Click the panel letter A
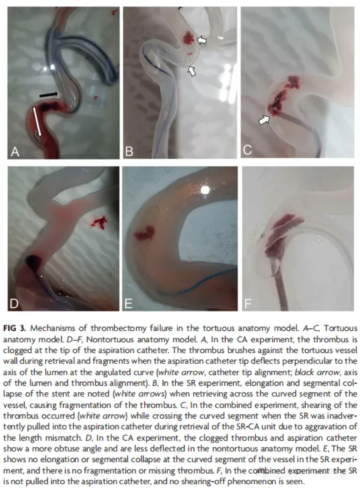click(x=15, y=152)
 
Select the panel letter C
click(x=248, y=150)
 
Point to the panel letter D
click(x=14, y=303)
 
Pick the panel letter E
click(x=128, y=303)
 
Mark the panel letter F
click(x=248, y=303)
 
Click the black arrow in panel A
click(x=49, y=94)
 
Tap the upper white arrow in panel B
click(x=202, y=40)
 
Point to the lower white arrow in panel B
click(x=192, y=71)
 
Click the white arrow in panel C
click(x=264, y=120)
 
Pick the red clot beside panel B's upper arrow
click(x=189, y=38)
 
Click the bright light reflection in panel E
click(x=205, y=190)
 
